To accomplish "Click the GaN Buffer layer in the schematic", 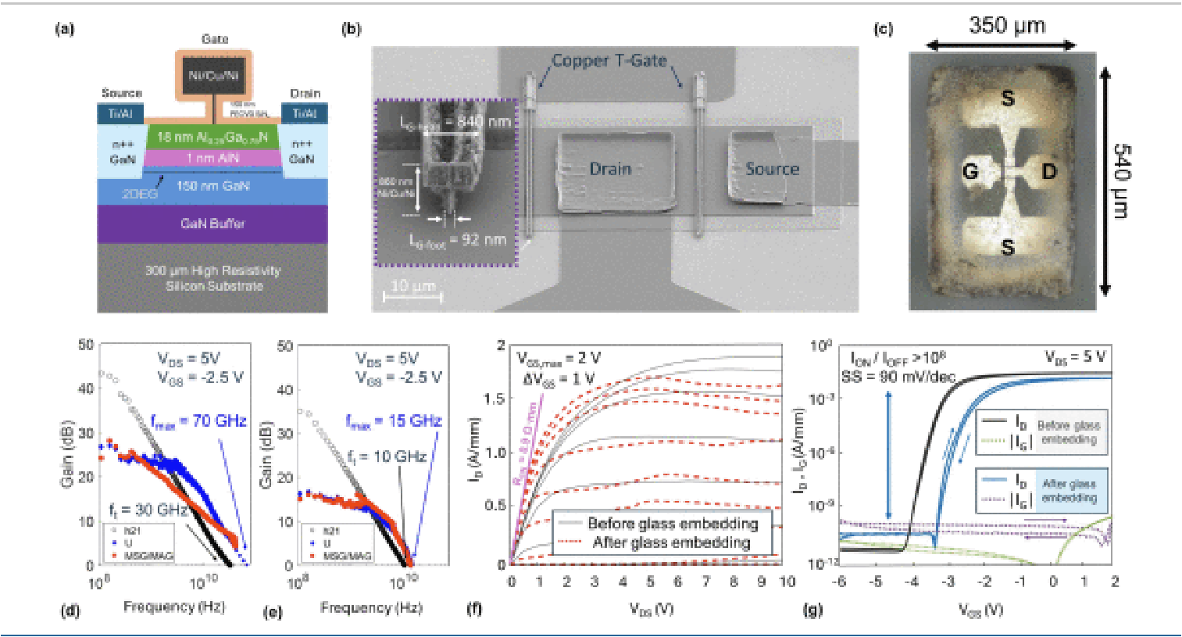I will tap(212, 224).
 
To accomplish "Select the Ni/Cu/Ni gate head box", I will tap(213, 76).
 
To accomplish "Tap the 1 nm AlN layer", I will tap(212, 158).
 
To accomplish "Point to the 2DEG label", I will tap(139, 194).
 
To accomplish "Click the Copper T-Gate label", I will tap(609, 60).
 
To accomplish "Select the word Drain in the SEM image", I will tap(609, 169).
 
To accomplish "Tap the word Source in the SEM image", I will tap(772, 169).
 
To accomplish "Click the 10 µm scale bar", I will tap(412, 296).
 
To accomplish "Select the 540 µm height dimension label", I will tap(1122, 181).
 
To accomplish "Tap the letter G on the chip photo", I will tap(970, 170).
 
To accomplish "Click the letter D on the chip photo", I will tap(1049, 170).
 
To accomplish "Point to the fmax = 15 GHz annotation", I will tap(394, 421).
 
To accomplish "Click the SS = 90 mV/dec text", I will tap(898, 377).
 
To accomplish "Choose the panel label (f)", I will tap(474, 609).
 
